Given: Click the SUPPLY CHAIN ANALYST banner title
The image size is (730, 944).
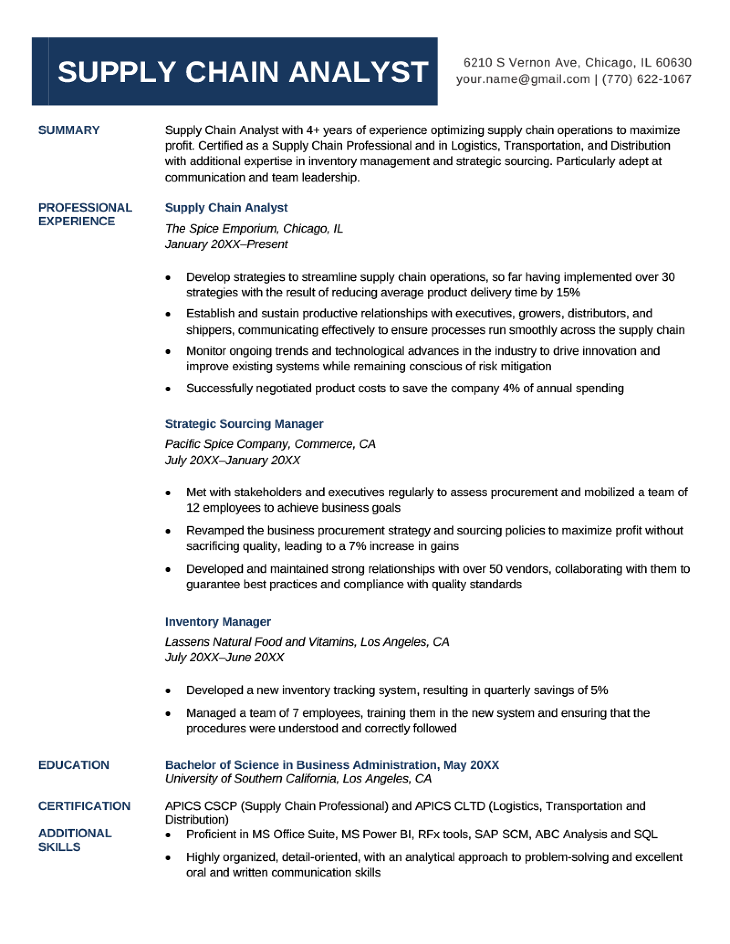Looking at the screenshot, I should point(243,72).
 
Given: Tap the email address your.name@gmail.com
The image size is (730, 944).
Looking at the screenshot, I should point(523,79).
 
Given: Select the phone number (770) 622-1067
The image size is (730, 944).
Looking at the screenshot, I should point(647,79).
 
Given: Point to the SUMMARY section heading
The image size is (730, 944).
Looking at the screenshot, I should point(69,130).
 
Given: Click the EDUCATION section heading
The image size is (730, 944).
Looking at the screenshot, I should point(74,765).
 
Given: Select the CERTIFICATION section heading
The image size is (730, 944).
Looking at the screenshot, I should point(84,806).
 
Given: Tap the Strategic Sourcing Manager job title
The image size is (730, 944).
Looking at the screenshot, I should point(244,424).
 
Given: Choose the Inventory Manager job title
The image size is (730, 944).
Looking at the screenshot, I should point(218,622).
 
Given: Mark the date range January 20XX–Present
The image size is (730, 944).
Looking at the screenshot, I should point(226,244).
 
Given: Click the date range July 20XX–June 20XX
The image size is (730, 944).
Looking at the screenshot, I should point(224,657).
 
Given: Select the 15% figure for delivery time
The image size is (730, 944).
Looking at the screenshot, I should point(568,292).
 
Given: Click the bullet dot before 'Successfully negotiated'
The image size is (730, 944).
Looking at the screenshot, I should point(168,389).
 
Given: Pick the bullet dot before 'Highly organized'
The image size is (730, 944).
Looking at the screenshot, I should point(168,858).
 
